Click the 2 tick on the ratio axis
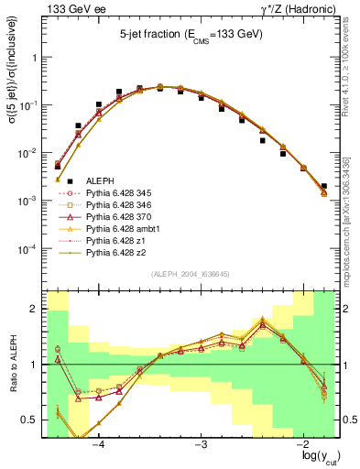click(x=34, y=309)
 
